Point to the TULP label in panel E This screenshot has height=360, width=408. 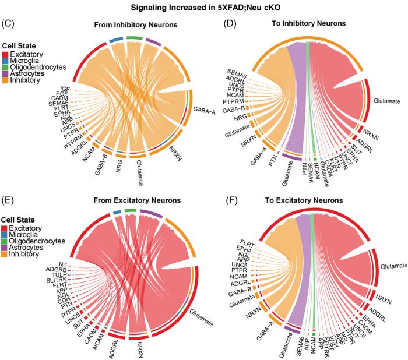pos(59,277)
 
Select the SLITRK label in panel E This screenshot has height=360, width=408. pos(58,283)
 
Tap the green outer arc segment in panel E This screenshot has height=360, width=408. pos(130,210)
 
